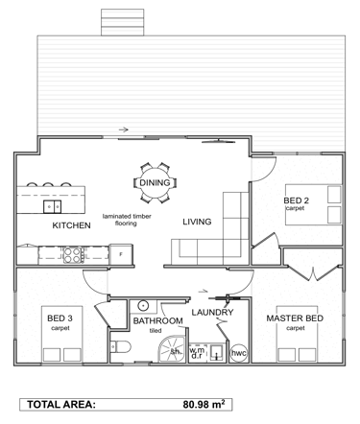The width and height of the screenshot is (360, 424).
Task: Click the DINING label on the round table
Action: tap(155, 183)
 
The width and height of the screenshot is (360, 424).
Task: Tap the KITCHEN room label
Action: tap(71, 225)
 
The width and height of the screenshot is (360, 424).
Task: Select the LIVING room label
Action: tap(197, 222)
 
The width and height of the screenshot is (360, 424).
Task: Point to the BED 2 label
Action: tap(297, 200)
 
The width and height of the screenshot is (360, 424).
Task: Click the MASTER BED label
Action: tap(295, 318)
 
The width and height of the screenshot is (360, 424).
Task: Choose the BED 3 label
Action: tap(60, 318)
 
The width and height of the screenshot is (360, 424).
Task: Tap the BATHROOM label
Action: tap(158, 320)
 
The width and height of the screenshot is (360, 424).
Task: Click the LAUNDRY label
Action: tap(212, 312)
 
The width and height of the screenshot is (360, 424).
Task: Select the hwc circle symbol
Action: tap(239, 353)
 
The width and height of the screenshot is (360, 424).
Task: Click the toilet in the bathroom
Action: tap(121, 346)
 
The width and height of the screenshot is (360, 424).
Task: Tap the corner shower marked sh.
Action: tap(173, 349)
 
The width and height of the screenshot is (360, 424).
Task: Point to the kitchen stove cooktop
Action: tap(72, 255)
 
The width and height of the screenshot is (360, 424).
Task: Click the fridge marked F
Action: tap(121, 254)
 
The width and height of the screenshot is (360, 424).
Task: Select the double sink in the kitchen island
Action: tap(53, 206)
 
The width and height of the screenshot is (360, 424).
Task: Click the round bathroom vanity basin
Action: tap(143, 306)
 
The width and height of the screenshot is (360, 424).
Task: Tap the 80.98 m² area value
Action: tap(204, 404)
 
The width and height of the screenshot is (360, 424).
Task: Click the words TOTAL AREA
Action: tap(61, 405)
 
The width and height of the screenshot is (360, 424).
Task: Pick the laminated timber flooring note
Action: tap(127, 220)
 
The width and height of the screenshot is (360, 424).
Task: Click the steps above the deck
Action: tap(123, 22)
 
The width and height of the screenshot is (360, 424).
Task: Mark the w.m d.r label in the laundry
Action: tap(197, 353)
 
